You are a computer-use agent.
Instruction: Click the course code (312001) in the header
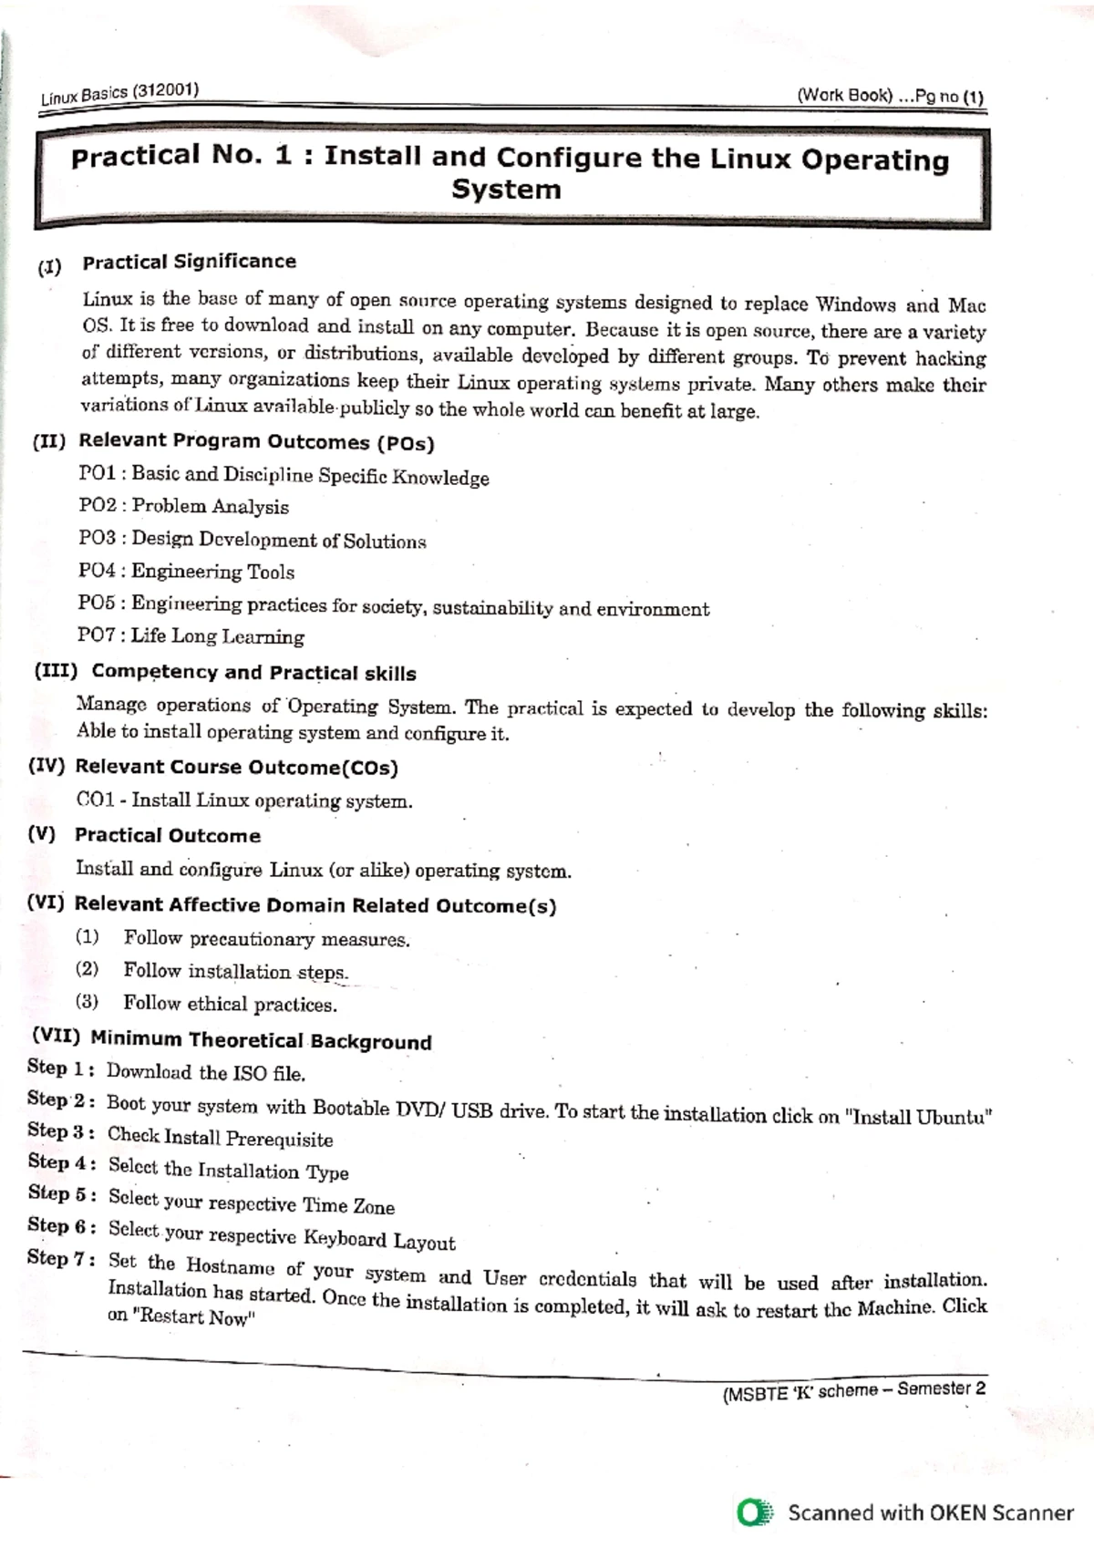point(165,90)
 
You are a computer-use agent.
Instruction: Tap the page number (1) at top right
point(972,98)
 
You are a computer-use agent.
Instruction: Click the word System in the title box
point(506,191)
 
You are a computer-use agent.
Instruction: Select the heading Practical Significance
point(189,263)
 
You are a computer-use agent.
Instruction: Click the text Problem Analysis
point(210,507)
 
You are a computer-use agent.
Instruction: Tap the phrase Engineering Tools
point(212,572)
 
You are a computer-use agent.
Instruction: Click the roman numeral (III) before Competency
point(56,671)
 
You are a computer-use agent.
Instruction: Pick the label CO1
point(96,800)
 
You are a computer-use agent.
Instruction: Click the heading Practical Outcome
point(168,835)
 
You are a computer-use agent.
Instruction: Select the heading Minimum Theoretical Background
point(261,1040)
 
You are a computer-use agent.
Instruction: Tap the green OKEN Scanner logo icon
point(755,1512)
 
